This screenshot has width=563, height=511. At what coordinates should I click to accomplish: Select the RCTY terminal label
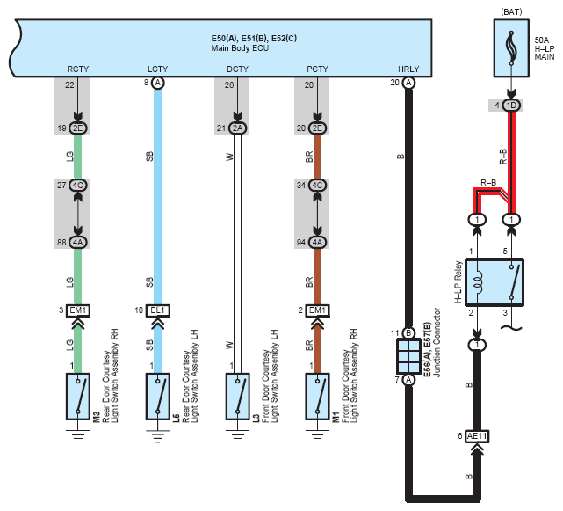point(78,68)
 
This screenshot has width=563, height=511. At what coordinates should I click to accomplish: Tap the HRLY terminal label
point(408,68)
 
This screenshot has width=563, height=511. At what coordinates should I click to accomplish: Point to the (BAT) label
point(512,11)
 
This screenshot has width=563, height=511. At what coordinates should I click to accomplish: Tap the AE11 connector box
point(478,436)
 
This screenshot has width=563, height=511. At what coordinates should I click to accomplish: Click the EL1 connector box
point(158,310)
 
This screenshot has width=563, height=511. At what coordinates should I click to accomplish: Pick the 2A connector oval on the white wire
point(237,128)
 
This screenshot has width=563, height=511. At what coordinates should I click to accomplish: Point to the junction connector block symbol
point(408,356)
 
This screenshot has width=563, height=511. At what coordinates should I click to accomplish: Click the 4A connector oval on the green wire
point(78,243)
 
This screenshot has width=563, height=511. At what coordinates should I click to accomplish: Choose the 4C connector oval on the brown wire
point(317,186)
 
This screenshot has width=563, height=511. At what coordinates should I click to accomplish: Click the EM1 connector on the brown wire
point(317,310)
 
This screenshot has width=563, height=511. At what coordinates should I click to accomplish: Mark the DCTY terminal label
point(237,68)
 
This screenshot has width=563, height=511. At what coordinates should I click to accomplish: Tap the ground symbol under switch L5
point(158,432)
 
